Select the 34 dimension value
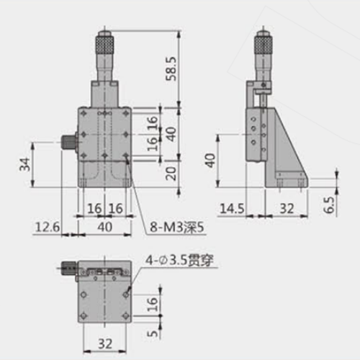click(24, 165)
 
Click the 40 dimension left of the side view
click(208, 161)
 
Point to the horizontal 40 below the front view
click(105, 228)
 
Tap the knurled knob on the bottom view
click(68, 271)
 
